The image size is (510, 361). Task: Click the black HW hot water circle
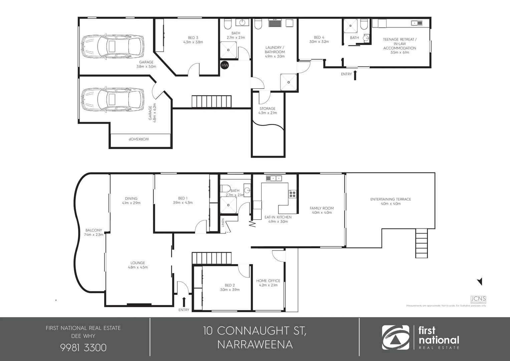(225, 65)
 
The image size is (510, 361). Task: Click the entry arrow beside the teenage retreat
(355, 75)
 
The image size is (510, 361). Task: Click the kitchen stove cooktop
(292, 194)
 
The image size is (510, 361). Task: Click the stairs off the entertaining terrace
(422, 243)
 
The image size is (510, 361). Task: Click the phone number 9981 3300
(83, 348)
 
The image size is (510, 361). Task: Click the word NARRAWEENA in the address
(255, 344)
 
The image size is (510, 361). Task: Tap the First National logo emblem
(396, 337)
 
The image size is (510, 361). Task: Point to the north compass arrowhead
(480, 281)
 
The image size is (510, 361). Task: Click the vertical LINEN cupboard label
(223, 223)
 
